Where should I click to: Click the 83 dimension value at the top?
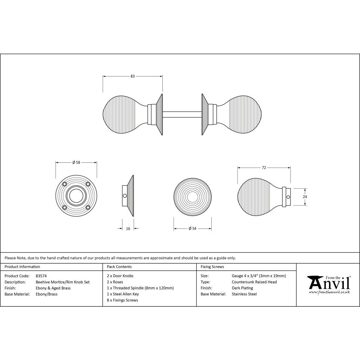coord(132,76)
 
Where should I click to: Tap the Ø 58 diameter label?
coord(76,162)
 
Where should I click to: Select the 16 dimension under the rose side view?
coord(128,229)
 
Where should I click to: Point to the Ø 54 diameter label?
coord(192,229)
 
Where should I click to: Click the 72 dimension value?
coord(264,168)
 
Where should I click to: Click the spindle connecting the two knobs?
coord(182,114)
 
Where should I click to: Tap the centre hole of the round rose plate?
coord(76,196)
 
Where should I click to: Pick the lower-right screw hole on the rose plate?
coord(87,207)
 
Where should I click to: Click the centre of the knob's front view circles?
coord(192,196)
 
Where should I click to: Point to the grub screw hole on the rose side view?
coord(125,196)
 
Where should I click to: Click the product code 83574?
coord(41,276)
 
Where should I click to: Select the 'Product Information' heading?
coord(22,267)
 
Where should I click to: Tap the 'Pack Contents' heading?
coord(120,267)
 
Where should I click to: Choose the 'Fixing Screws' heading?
coord(212,267)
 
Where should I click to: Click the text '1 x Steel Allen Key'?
coord(123,294)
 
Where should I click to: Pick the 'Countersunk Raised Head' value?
coord(254,282)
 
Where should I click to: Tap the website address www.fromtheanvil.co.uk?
coord(329,292)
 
